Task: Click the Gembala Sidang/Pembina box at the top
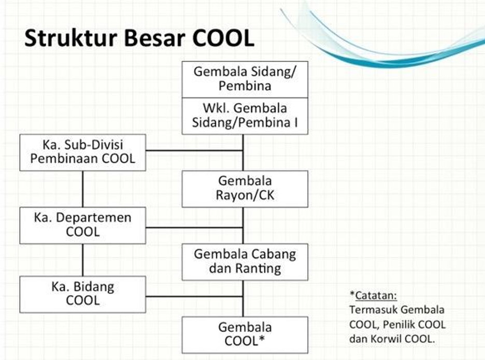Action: [245, 79]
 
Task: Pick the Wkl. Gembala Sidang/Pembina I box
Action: [245, 116]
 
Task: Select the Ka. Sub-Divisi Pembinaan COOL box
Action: [83, 152]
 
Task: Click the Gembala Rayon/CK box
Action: [245, 189]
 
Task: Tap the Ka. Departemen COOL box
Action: [83, 225]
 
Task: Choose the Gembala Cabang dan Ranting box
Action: [245, 262]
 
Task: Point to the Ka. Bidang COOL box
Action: [83, 294]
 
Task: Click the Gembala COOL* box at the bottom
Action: [245, 335]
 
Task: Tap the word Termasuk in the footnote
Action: [372, 310]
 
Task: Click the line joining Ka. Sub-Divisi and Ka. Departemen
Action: [83, 189]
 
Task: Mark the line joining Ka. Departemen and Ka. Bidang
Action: [83, 260]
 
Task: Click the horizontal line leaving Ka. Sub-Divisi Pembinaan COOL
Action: [194, 151]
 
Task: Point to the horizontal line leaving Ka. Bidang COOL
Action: [194, 297]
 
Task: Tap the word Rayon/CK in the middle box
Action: [245, 196]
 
